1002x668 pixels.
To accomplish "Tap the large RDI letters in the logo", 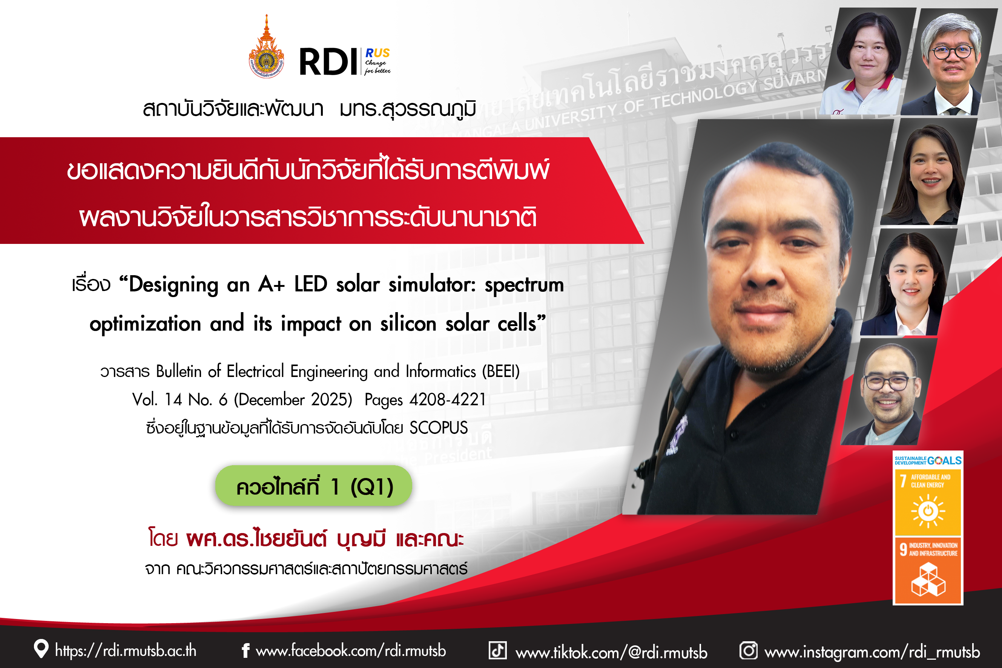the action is coord(328,62).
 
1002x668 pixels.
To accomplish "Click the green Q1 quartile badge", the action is coord(313,486).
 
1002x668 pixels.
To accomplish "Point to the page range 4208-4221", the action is coord(448,400).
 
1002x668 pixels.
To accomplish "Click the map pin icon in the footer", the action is coord(41,649).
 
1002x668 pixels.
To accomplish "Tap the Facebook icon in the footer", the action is coord(245,651).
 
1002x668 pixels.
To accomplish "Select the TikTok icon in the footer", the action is coord(497,650).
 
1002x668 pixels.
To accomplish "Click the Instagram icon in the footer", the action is coord(749,651).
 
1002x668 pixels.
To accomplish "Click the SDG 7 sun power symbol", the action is coord(928,511).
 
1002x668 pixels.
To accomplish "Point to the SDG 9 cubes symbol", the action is coord(928,579).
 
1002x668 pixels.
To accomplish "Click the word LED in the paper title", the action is coord(311,284).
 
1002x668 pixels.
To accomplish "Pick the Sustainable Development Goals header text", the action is coord(928,461).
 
